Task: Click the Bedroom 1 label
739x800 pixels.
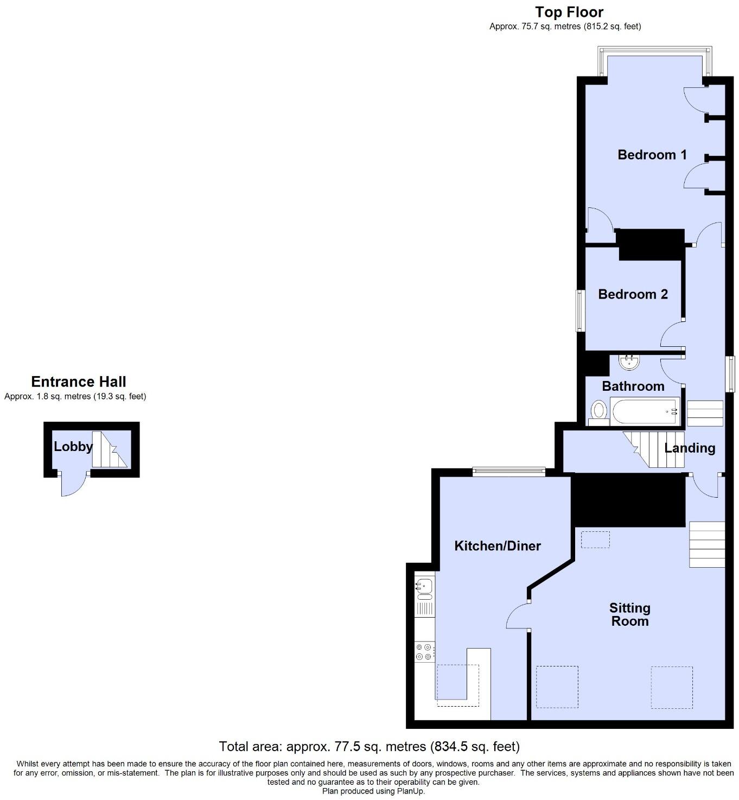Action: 652,155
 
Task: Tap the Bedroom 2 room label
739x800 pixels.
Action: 633,294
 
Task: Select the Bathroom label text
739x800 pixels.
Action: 633,386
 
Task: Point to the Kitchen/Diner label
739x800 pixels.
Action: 497,545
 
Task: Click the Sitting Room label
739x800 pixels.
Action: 629,614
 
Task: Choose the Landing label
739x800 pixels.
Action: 690,448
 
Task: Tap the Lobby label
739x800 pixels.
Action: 73,447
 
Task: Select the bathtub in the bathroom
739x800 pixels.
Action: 645,412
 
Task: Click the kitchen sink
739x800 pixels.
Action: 424,586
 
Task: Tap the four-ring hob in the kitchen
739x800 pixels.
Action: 424,652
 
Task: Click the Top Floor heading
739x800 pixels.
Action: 569,12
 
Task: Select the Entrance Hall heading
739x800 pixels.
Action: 78,382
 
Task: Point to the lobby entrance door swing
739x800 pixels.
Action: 73,485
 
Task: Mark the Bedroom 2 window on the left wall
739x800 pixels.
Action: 579,310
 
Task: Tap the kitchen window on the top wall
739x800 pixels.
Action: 508,472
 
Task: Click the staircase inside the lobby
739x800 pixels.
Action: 110,450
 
